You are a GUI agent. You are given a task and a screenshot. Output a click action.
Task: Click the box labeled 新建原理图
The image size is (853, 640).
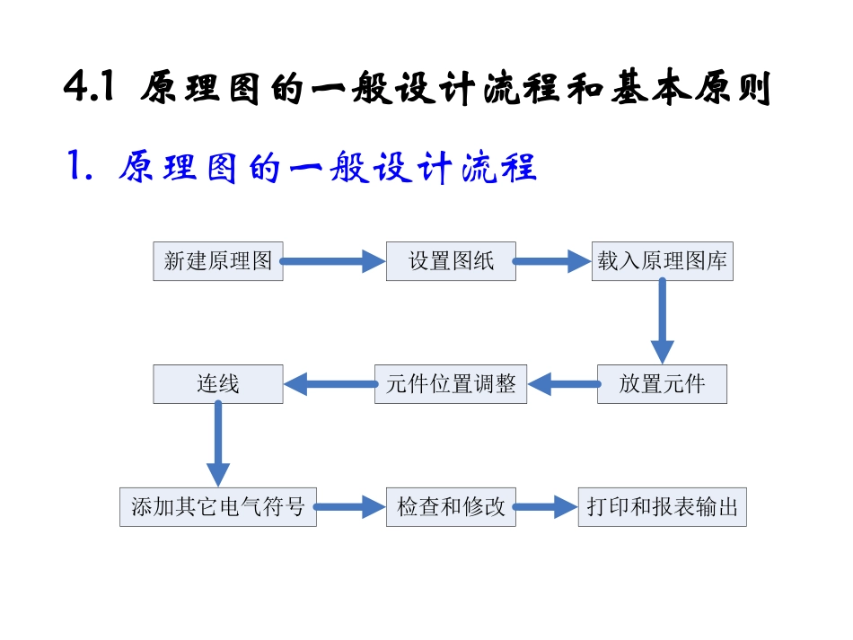pos(218,261)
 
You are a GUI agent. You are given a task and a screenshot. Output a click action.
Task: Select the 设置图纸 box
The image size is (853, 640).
pos(451,261)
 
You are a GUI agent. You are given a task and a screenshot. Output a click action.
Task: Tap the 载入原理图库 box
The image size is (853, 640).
pos(662,261)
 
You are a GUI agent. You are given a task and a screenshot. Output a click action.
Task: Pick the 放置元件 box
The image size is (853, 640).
pos(662,384)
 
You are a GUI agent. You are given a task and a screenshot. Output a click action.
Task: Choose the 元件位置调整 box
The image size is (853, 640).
pos(451,384)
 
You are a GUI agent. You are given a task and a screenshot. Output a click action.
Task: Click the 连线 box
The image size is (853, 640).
pos(218,384)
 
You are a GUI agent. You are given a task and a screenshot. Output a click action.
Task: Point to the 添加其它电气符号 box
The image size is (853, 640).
pos(218,507)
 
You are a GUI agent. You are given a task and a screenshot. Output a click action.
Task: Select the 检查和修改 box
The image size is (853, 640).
pos(451,507)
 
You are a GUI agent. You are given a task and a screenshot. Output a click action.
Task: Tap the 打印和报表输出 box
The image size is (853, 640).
pos(662,507)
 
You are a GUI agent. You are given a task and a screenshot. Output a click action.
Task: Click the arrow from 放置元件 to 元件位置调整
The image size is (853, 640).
pos(563,385)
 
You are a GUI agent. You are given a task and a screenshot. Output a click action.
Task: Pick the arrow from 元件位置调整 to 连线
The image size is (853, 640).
pos(330,385)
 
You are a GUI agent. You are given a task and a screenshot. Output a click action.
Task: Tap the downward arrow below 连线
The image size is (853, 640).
pos(218,443)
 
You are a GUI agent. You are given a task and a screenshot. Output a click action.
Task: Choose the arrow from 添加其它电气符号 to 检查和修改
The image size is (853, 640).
pos(351,507)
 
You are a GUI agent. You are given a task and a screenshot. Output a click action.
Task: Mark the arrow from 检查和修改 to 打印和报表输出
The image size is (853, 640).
pos(546,507)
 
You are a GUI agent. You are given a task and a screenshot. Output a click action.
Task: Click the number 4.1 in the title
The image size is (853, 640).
pos(89,90)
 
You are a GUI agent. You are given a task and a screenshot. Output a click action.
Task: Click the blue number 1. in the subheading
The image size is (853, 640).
pos(82,167)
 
